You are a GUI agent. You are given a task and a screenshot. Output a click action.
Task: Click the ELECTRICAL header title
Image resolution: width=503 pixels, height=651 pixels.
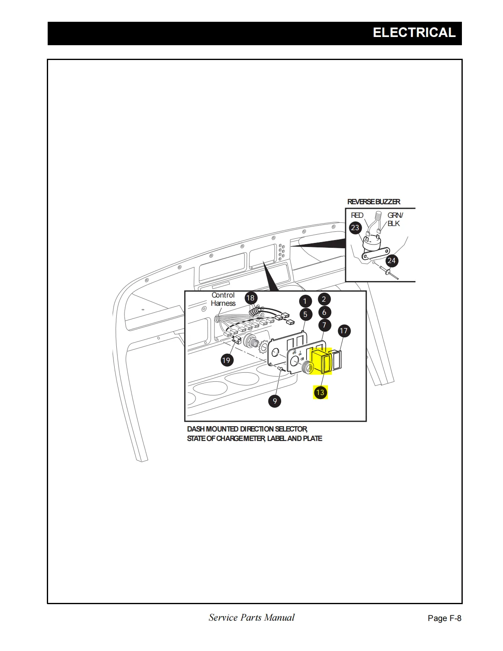tap(414, 33)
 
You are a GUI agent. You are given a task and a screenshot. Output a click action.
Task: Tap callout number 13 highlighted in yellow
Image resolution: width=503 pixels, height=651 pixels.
tap(320, 392)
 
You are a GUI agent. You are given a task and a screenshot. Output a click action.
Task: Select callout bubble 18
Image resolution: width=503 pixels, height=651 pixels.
tap(251, 298)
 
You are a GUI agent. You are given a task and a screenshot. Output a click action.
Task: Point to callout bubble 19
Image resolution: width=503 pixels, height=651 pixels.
tap(226, 360)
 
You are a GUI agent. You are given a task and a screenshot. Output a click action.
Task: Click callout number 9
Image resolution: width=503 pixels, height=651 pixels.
tap(275, 401)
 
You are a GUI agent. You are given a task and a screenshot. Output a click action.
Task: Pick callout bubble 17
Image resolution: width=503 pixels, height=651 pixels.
tap(344, 331)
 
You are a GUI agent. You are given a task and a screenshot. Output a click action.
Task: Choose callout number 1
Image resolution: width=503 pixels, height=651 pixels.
tap(305, 301)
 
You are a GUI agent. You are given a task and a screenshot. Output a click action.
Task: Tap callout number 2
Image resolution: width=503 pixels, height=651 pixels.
tap(324, 299)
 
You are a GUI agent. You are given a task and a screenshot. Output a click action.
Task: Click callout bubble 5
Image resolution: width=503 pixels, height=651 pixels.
tap(305, 314)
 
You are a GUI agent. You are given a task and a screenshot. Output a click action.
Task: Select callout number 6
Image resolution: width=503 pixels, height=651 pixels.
tap(324, 312)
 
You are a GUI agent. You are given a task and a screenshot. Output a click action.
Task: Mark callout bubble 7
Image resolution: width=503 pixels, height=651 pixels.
tap(324, 325)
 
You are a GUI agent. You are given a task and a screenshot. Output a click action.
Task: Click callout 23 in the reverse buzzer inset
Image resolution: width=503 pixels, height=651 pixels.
tap(355, 228)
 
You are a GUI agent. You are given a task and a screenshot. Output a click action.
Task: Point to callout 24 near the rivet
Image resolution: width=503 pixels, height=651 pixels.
tap(392, 261)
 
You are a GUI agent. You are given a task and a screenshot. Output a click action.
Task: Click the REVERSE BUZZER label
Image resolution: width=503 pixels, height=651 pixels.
tap(374, 202)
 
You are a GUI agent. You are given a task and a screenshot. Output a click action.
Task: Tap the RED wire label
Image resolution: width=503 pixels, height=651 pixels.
tap(357, 215)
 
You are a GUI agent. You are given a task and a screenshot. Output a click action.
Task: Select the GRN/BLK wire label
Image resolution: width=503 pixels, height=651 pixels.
tap(395, 219)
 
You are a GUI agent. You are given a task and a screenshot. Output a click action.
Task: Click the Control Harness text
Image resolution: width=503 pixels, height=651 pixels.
tap(223, 299)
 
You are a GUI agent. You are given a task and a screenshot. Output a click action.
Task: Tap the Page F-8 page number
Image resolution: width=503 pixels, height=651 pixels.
tap(444, 618)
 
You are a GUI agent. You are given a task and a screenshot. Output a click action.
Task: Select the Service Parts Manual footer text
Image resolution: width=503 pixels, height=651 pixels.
tap(251, 617)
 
